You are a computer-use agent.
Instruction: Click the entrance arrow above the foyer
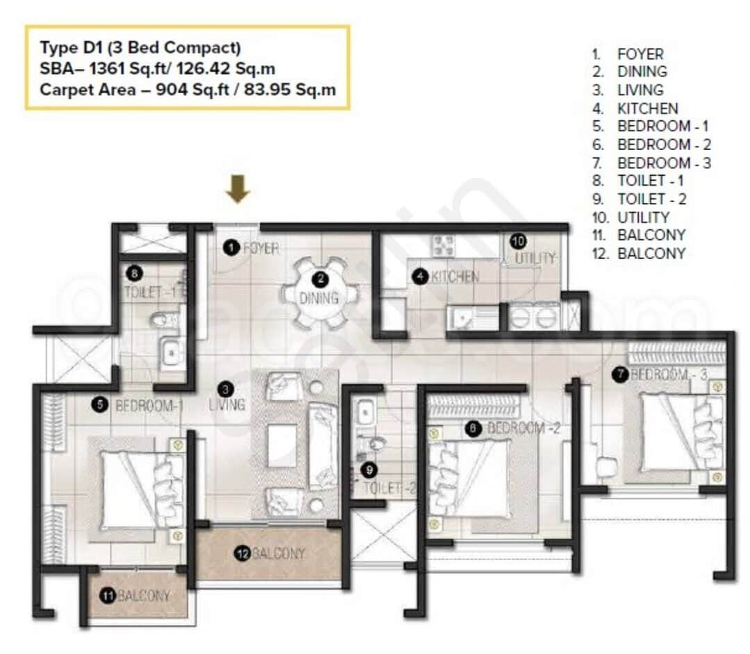point(238,189)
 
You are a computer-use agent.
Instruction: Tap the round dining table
point(320,293)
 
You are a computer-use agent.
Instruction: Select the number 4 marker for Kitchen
point(419,276)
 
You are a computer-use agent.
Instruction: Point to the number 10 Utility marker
point(518,241)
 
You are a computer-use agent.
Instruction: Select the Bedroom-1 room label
point(149,405)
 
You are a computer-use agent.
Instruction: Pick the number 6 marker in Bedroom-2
point(473,429)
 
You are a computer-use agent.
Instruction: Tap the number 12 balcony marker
point(242,553)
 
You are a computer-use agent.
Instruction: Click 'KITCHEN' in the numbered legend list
point(647,108)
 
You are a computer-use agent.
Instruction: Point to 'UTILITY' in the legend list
point(643,217)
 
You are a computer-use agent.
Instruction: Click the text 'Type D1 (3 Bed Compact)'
point(140,48)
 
